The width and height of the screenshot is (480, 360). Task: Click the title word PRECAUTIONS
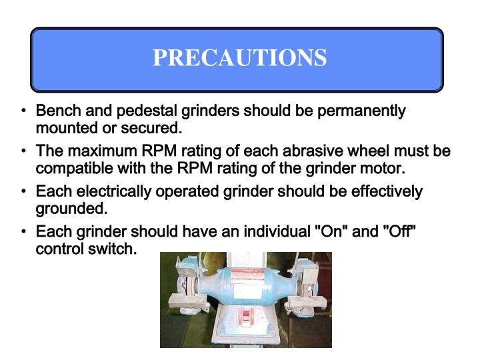pyautogui.click(x=239, y=57)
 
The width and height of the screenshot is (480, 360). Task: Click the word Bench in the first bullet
pyautogui.click(x=57, y=111)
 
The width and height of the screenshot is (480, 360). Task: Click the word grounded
pyautogui.click(x=71, y=208)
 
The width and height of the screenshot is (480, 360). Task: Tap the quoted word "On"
pyautogui.click(x=331, y=233)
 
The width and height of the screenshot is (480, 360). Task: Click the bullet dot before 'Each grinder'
pyautogui.click(x=24, y=233)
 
